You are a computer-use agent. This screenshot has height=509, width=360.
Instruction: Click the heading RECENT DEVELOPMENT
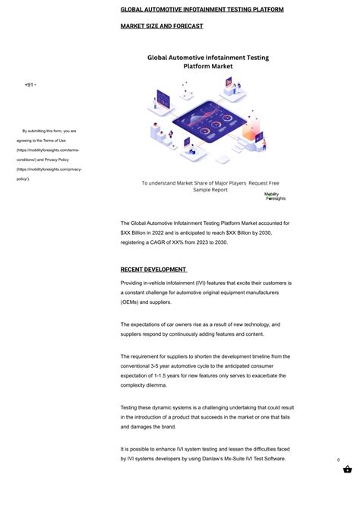(x=153, y=270)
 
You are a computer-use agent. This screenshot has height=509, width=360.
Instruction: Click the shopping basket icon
(x=347, y=470)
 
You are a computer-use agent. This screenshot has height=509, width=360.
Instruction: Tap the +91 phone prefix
(x=30, y=84)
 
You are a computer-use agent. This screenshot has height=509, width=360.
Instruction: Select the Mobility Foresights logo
(x=275, y=196)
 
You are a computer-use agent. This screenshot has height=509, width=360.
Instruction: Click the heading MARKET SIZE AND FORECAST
(x=162, y=26)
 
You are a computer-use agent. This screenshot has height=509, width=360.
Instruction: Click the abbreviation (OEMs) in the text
(x=133, y=302)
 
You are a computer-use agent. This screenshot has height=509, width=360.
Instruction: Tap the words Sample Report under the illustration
(x=210, y=190)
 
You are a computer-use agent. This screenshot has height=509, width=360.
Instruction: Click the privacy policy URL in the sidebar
(x=48, y=174)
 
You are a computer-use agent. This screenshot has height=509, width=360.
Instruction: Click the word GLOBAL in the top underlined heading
(x=135, y=10)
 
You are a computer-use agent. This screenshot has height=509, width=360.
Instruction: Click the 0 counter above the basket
(x=339, y=460)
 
